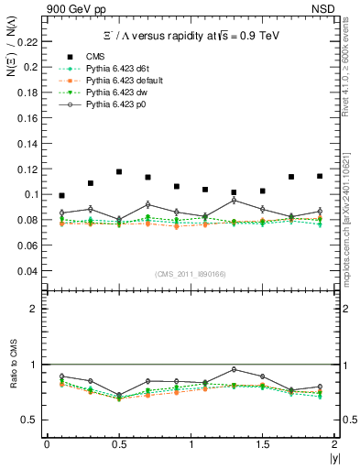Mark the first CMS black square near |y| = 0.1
coord(61,195)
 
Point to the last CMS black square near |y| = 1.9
coord(320,176)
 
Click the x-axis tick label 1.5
coord(263,443)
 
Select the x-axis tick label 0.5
coord(119,443)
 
